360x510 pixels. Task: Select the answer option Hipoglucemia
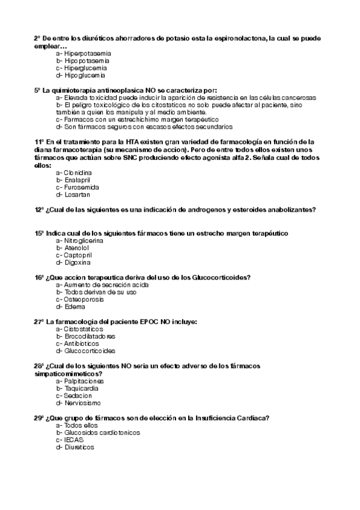point(81,76)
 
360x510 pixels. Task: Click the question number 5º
point(38,90)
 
